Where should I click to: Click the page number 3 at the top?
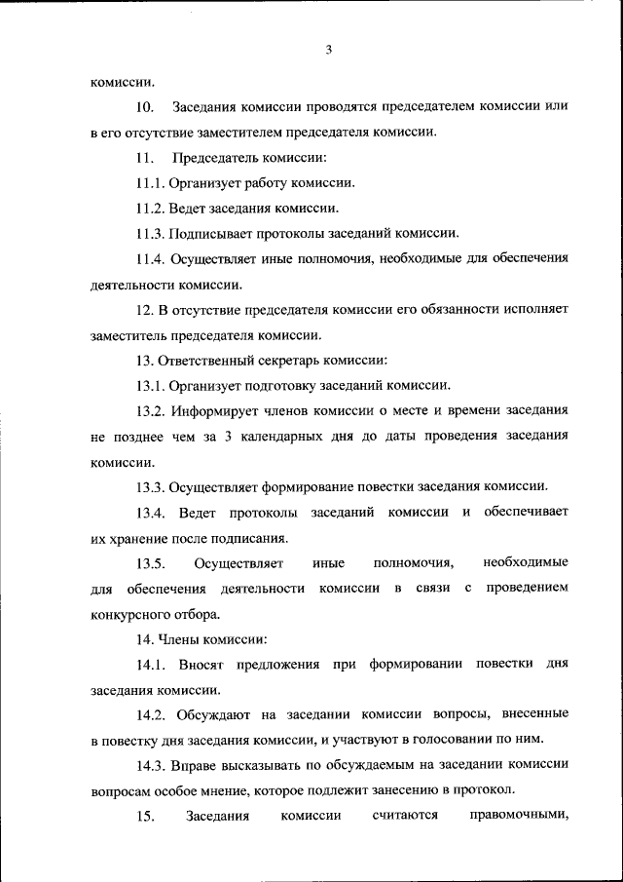click(329, 51)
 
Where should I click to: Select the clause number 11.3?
click(151, 233)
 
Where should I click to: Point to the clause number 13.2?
click(151, 410)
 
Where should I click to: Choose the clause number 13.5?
click(151, 562)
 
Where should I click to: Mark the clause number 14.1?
click(151, 664)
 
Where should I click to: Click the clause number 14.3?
click(151, 765)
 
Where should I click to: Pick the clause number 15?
click(145, 816)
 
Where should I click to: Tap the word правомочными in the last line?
click(518, 816)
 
